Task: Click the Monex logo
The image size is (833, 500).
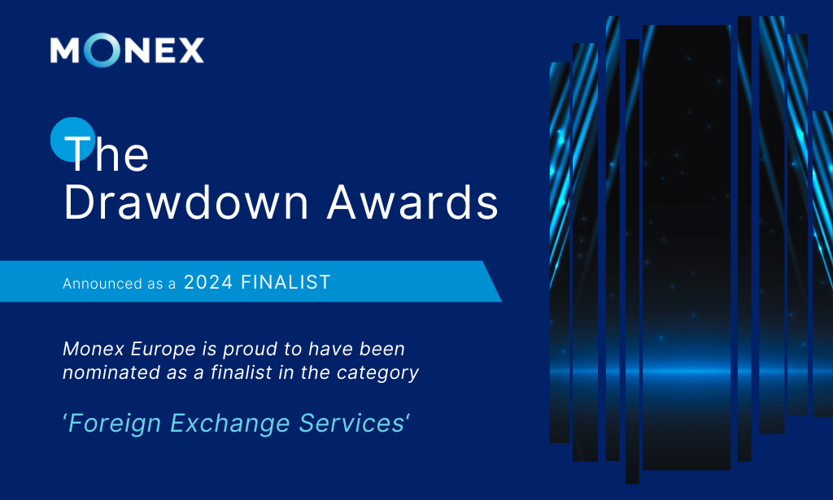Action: point(127,51)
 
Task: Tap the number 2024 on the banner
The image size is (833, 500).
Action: point(208,282)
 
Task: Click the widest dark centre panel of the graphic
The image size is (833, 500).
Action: point(686,244)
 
